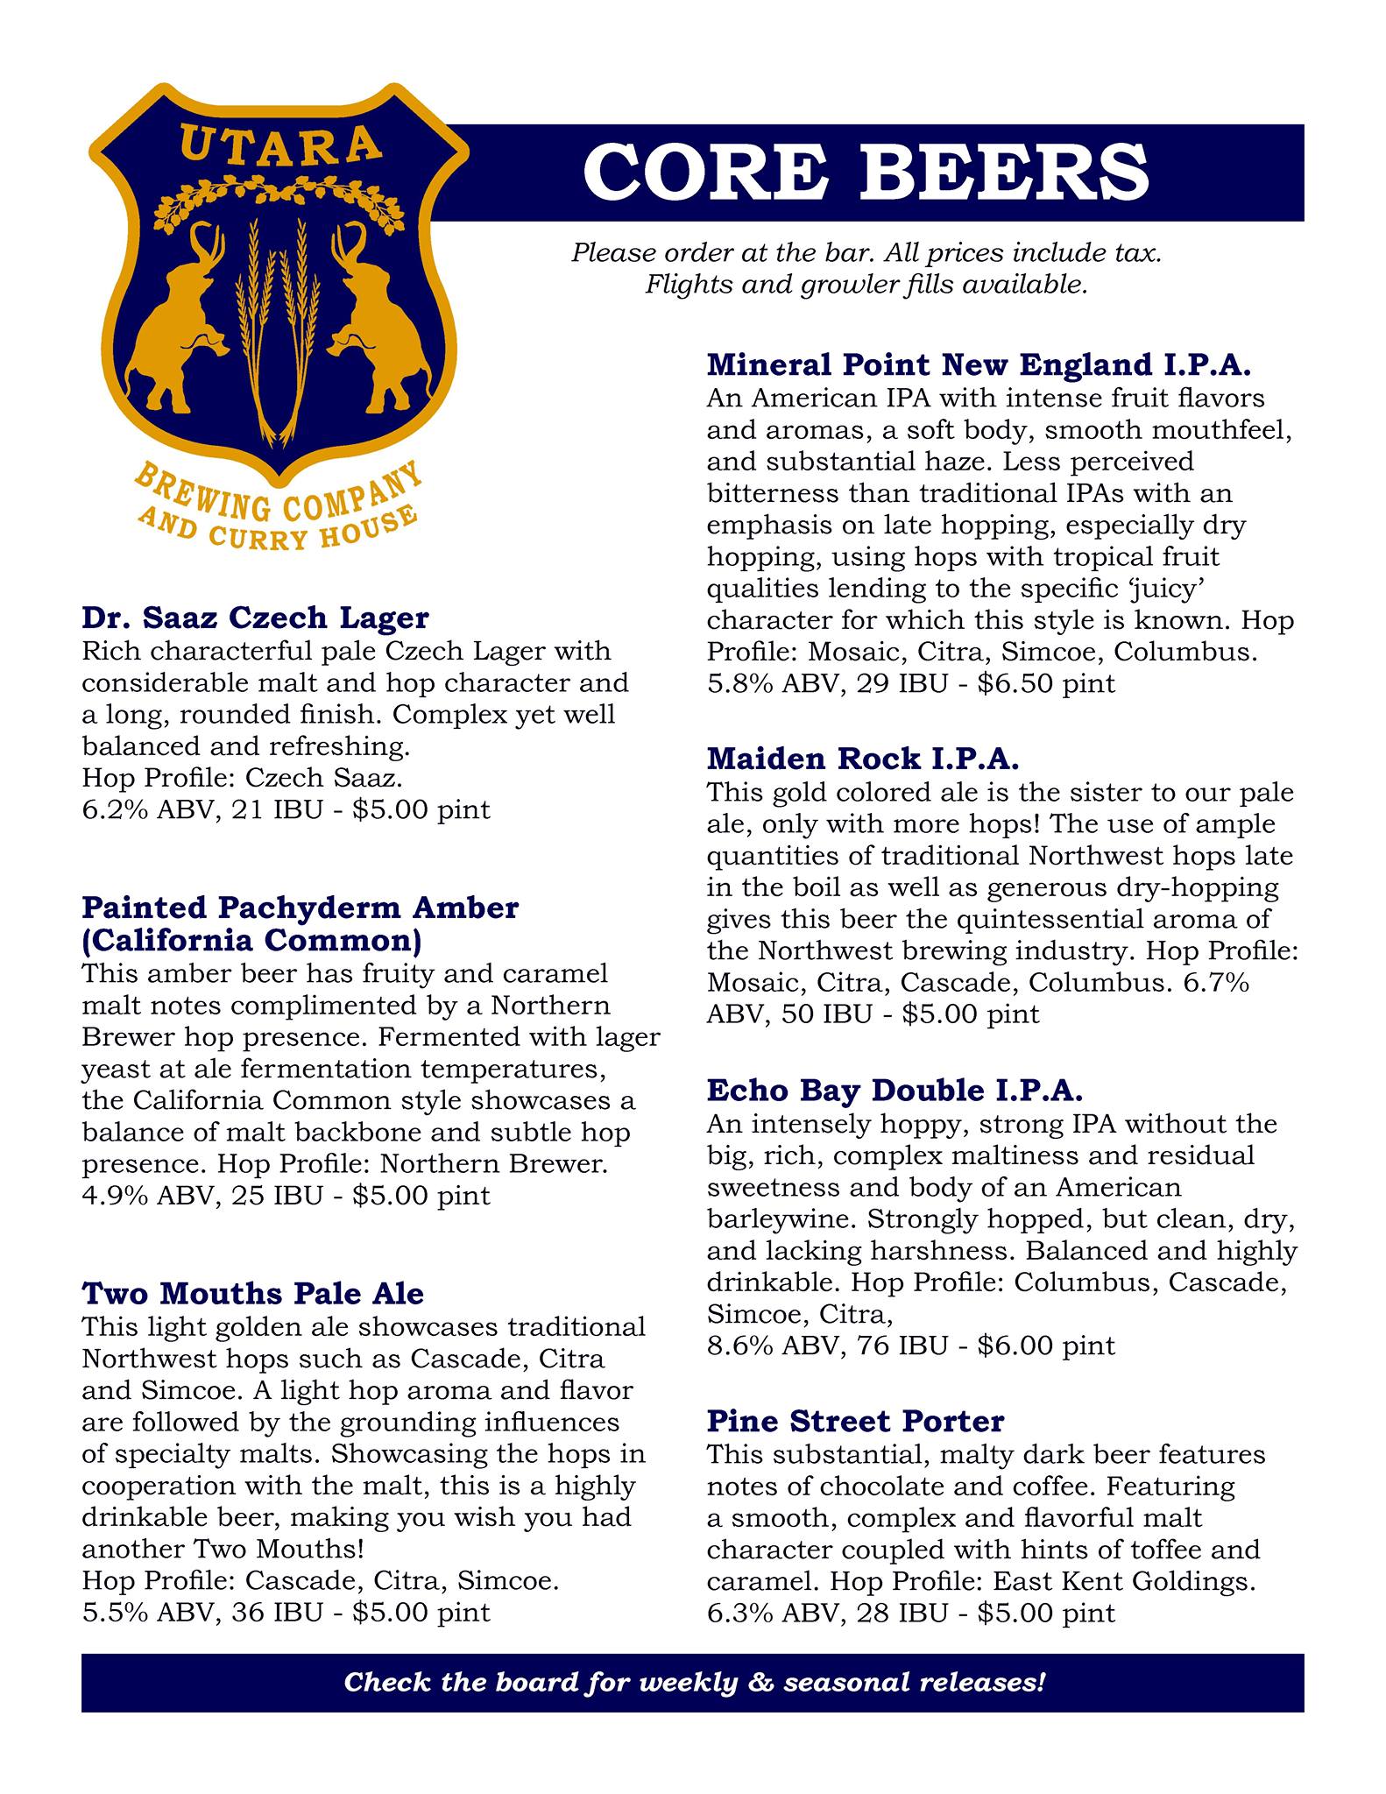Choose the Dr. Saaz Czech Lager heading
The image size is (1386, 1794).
pyautogui.click(x=255, y=618)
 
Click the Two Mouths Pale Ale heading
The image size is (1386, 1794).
pyautogui.click(x=253, y=1293)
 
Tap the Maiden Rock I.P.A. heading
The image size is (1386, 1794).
pyautogui.click(x=863, y=758)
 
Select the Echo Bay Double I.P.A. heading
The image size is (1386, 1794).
pyautogui.click(x=895, y=1090)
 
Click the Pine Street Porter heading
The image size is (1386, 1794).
pyautogui.click(x=855, y=1420)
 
